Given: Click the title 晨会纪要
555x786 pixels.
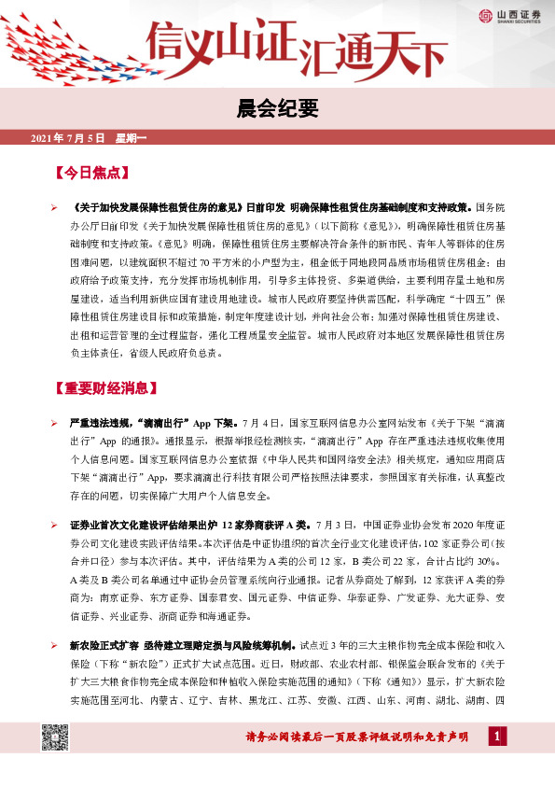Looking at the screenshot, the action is pyautogui.click(x=277, y=108).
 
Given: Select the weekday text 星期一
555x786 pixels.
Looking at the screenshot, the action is pyautogui.click(x=131, y=139).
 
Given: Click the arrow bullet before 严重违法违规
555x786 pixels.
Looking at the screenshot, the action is pyautogui.click(x=55, y=423).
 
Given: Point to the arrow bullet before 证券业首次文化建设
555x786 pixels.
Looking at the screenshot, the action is pyautogui.click(x=55, y=526).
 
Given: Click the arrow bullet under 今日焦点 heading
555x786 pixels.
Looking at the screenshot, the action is pyautogui.click(x=55, y=205).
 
